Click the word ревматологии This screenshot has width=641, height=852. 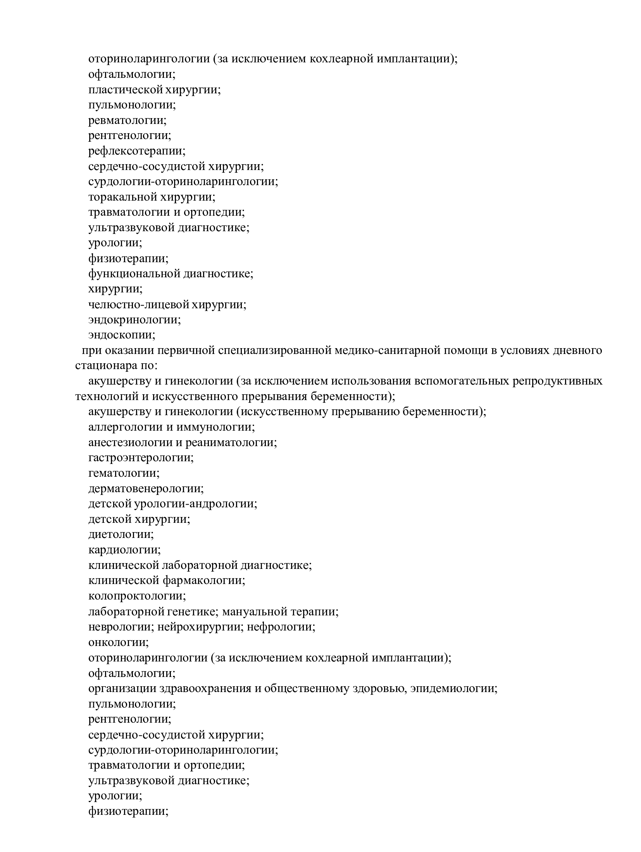point(127,120)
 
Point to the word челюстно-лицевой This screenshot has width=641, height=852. point(139,305)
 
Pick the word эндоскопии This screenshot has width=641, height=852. point(122,335)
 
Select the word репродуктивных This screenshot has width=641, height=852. point(557,381)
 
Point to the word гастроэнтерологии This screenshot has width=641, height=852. point(141,458)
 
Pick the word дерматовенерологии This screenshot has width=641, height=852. point(146,489)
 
